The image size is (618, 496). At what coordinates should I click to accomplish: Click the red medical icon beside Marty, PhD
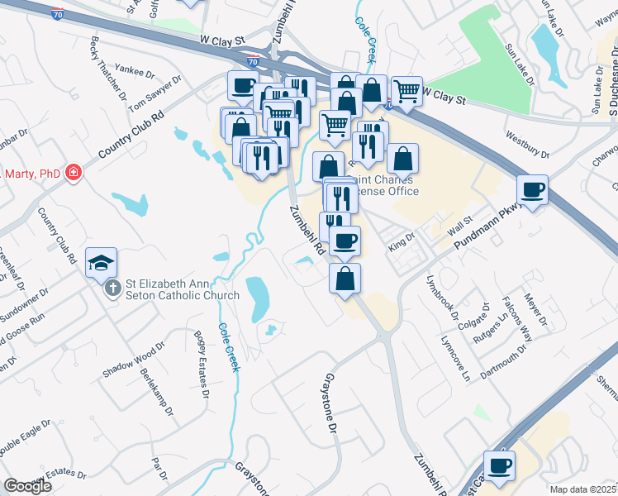coord(74,173)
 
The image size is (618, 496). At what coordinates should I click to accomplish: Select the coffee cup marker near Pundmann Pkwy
coord(533,190)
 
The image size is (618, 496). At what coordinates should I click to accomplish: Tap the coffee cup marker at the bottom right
coord(499,465)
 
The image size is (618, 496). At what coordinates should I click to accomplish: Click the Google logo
coord(28,486)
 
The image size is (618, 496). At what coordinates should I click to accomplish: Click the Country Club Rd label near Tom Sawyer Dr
coord(131,136)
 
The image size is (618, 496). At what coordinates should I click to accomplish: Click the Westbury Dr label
coord(526,146)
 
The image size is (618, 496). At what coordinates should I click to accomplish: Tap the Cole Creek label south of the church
coord(229,346)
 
